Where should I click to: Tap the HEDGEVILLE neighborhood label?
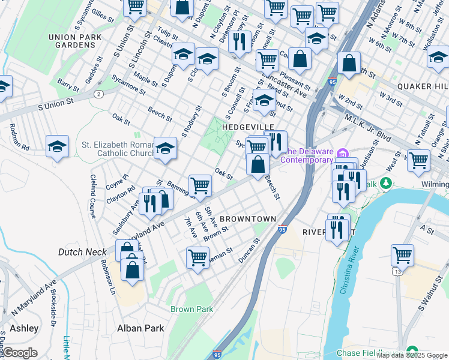pyautogui.click(x=248, y=127)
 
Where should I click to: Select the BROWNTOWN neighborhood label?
pyautogui.click(x=247, y=219)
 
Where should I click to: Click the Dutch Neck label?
pyautogui.click(x=82, y=252)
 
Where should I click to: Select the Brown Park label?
pyautogui.click(x=191, y=310)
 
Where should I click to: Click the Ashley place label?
pyautogui.click(x=24, y=328)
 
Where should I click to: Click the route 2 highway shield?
pyautogui.click(x=97, y=94)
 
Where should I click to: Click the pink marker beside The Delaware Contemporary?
pyautogui.click(x=342, y=152)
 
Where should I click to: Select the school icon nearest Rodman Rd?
pyautogui.click(x=57, y=146)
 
